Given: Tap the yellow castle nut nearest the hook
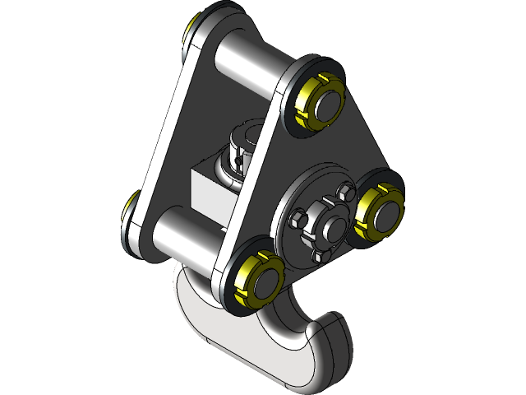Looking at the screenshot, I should (243, 280).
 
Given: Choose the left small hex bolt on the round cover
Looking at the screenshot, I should (299, 220).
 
